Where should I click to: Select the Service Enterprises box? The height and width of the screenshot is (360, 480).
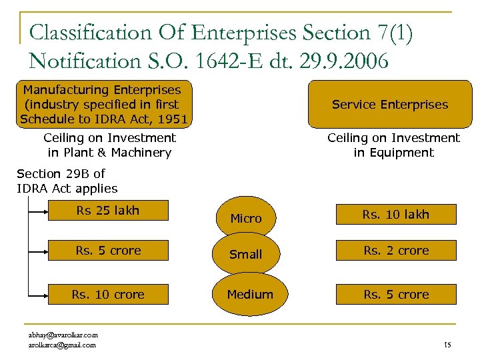point(390,104)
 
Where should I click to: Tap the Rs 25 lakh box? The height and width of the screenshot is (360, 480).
point(108,211)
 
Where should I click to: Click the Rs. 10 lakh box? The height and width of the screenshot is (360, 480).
point(396,214)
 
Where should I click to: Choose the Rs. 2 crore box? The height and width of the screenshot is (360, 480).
point(396,251)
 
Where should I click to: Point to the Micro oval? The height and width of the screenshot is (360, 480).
point(245,217)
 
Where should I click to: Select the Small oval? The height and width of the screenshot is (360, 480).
point(245,254)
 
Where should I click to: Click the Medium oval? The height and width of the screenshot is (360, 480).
point(250,294)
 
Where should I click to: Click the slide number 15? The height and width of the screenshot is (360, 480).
point(447,345)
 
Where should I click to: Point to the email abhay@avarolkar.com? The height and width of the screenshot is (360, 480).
point(63,335)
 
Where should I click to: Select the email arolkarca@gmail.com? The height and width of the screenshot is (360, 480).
point(62,345)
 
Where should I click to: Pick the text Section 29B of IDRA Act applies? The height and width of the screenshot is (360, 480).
point(67,181)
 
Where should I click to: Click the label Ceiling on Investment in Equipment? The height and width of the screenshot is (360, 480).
point(393,145)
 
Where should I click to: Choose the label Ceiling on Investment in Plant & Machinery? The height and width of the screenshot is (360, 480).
point(109,145)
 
